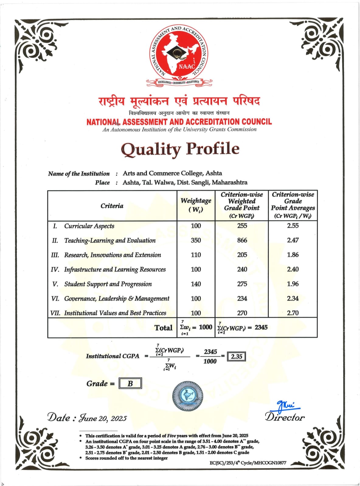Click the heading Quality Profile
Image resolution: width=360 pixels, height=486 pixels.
tap(180, 149)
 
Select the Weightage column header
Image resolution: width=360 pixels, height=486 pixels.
tap(196, 205)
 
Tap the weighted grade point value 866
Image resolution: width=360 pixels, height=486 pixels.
tap(242, 240)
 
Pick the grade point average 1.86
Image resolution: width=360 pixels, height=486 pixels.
tap(293, 255)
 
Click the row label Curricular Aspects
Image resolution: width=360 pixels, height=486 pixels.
tap(89, 226)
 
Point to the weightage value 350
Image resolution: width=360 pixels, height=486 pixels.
tap(196, 240)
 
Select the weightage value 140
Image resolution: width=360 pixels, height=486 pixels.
tap(196, 284)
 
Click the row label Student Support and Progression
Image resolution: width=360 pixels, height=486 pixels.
tap(108, 284)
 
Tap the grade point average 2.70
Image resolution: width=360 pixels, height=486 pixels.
tap(293, 313)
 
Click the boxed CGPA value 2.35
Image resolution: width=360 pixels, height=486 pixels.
tap(237, 356)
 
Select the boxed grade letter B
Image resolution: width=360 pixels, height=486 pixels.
tap(130, 383)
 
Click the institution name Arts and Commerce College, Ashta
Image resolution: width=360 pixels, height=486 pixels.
tap(172, 173)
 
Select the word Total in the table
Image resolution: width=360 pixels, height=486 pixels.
tap(163, 328)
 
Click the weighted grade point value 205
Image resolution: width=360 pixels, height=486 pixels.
tap(242, 255)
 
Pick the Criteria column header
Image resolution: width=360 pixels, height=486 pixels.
tap(112, 206)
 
